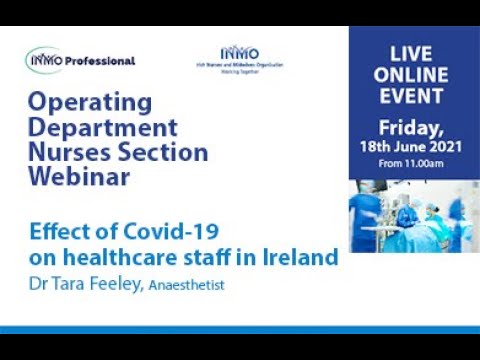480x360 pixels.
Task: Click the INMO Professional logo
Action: [x=80, y=61]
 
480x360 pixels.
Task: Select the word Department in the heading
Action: [x=103, y=129]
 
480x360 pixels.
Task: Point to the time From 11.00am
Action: [x=413, y=165]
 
